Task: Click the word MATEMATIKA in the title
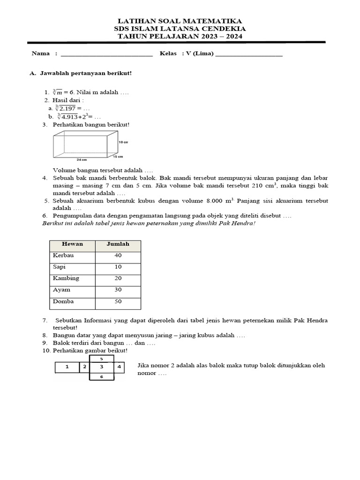(217, 21)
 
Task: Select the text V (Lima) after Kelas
(200, 53)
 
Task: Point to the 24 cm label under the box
(82, 160)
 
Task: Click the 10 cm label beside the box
(123, 142)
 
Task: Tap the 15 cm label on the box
(118, 157)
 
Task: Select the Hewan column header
(72, 244)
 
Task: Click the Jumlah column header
(118, 244)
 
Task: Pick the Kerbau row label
(64, 256)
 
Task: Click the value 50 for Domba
(118, 302)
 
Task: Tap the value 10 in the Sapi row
(118, 267)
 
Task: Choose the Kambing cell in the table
(66, 278)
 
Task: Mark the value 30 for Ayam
(118, 290)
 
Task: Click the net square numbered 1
(67, 367)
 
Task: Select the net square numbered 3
(102, 367)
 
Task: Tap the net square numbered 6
(102, 376)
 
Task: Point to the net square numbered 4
(119, 367)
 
